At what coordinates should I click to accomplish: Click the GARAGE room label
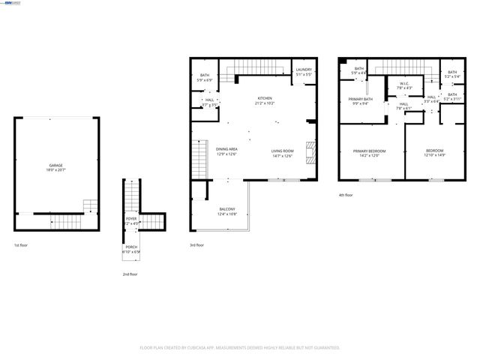55,165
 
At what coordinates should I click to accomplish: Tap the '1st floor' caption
21,246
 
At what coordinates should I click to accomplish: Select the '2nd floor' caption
130,274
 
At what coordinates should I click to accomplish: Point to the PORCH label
131,247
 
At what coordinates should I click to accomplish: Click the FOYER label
131,219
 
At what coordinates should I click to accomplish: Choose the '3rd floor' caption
197,246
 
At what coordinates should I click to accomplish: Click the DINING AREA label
227,149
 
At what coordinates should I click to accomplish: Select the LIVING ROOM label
282,151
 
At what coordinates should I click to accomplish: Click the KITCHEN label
265,98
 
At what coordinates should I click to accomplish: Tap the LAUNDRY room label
303,70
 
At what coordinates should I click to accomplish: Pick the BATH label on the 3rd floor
205,75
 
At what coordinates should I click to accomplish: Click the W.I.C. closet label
404,83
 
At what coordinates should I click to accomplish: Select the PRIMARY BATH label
360,99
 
